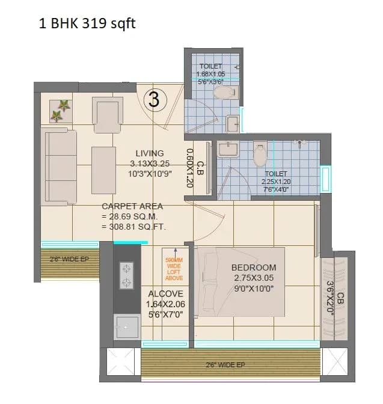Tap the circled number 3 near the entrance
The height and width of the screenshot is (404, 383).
(x=154, y=100)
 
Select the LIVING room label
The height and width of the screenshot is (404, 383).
(x=150, y=153)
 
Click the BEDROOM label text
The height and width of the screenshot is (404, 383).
(x=254, y=268)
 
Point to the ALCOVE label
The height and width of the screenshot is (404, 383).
(x=165, y=293)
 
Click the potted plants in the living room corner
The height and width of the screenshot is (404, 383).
(x=60, y=111)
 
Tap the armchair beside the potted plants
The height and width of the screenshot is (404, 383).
(x=108, y=114)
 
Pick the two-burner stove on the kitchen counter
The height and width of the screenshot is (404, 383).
(x=127, y=276)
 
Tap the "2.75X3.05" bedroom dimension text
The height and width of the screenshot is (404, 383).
(x=254, y=278)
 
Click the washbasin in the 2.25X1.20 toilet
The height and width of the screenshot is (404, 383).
(x=228, y=149)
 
